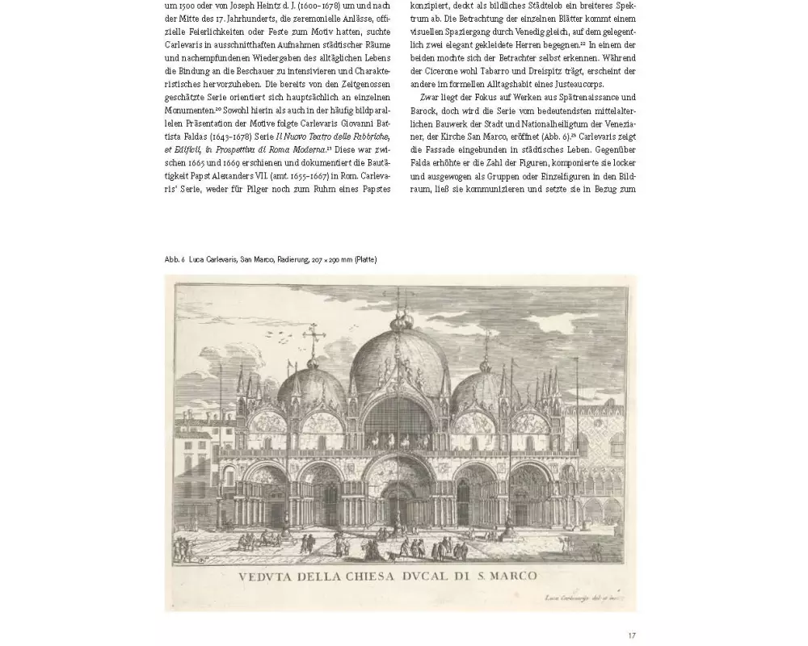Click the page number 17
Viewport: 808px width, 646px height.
pos(632,636)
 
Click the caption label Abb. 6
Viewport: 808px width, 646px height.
pos(175,259)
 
